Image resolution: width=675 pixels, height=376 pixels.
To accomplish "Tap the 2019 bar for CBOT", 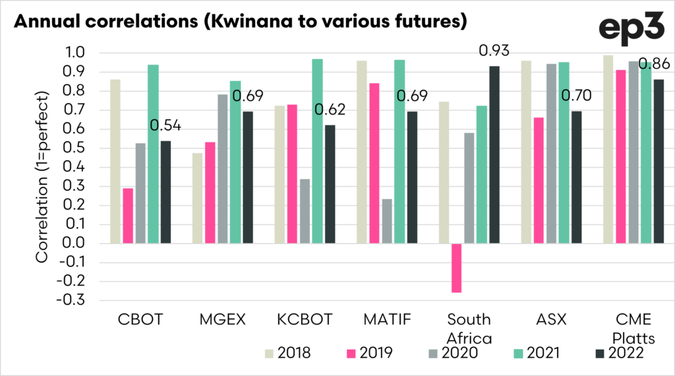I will click(x=128, y=216).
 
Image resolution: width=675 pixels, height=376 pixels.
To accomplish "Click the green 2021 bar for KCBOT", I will click(x=318, y=151).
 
